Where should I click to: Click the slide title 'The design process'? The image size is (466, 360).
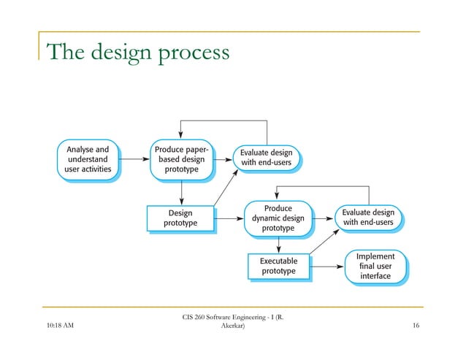tap(137, 53)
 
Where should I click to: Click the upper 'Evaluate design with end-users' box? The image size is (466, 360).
tap(267, 157)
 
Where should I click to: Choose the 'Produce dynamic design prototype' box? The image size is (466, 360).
tap(278, 218)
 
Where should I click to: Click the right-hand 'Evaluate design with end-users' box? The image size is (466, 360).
tap(369, 217)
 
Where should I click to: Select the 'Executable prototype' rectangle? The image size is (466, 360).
tap(278, 266)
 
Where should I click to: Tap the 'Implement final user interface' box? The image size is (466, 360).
tap(375, 266)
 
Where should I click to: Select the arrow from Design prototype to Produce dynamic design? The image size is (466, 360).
tap(231, 218)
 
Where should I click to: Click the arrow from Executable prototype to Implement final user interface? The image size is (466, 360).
tap(326, 267)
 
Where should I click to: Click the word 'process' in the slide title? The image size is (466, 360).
tap(191, 54)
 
